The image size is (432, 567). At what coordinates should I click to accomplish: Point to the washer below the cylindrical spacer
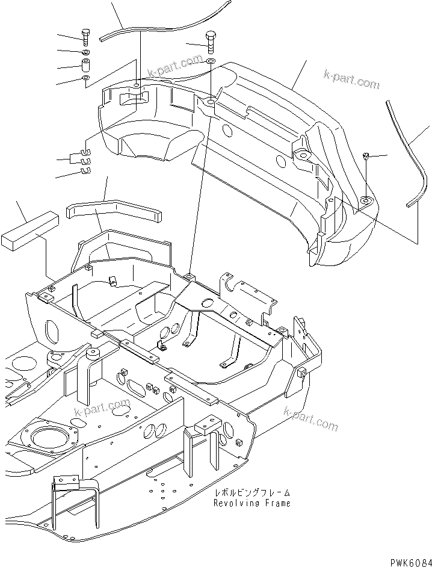[x=86, y=78]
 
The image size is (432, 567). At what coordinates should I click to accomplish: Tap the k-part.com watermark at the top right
[x=351, y=79]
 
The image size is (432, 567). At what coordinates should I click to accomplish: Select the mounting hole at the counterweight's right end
[x=364, y=200]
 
